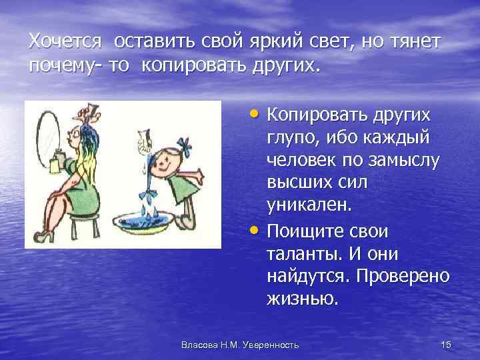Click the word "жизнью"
[302, 299]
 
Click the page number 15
[446, 344]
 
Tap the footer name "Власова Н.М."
[206, 344]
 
